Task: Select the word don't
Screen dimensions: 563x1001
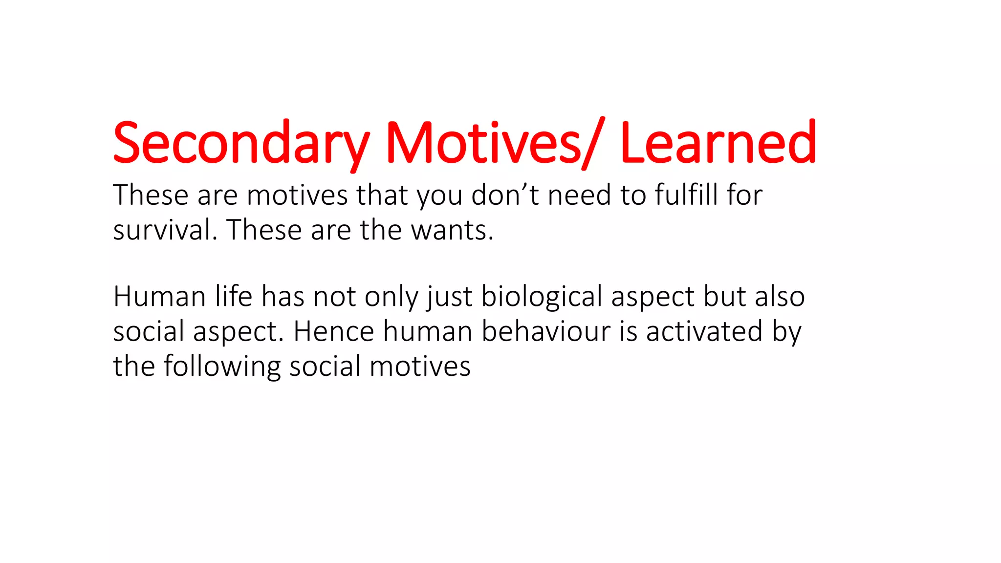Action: click(505, 195)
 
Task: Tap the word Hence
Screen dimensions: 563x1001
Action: click(334, 331)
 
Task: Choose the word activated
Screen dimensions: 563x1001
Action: click(704, 331)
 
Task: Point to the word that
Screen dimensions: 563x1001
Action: click(382, 195)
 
